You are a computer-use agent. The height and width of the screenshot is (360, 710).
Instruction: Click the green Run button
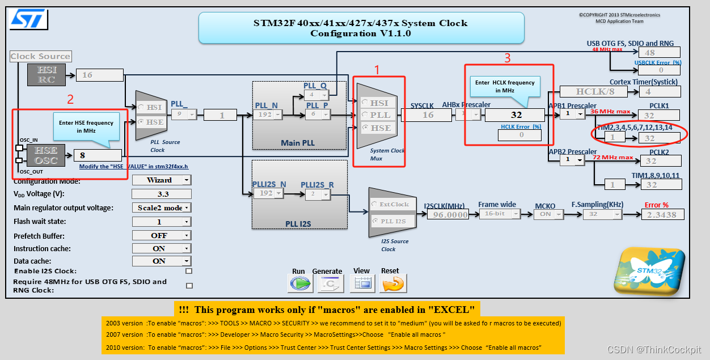click(x=301, y=283)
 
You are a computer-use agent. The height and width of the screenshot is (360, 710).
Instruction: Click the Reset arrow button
click(x=393, y=283)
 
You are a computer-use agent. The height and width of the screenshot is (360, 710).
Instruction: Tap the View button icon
click(x=362, y=283)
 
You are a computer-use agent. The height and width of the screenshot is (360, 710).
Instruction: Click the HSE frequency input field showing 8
click(x=97, y=155)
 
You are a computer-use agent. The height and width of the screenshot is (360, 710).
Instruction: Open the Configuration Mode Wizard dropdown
click(x=162, y=180)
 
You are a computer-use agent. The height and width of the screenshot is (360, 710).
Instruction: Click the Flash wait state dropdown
click(x=162, y=222)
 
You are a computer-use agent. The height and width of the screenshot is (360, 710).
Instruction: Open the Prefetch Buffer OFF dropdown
click(x=162, y=235)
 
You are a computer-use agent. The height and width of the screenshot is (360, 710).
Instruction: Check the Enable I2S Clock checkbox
click(x=189, y=271)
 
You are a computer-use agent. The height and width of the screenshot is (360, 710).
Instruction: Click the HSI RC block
click(x=47, y=75)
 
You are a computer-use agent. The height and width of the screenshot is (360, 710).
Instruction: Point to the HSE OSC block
click(x=47, y=155)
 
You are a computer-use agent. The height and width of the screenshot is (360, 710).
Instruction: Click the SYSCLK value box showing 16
click(x=428, y=115)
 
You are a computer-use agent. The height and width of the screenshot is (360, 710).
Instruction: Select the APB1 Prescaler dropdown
click(x=572, y=114)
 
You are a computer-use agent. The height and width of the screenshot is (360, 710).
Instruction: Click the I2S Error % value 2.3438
click(x=662, y=215)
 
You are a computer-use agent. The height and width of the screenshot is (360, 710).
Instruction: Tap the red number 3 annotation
click(x=508, y=57)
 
